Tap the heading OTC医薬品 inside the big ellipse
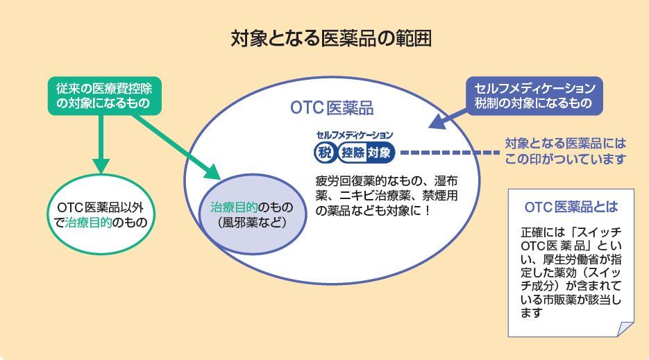(332, 109)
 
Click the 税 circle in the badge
(326, 151)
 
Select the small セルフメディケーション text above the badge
(354, 135)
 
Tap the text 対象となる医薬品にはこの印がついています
(565, 151)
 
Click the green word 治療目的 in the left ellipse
(89, 223)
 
